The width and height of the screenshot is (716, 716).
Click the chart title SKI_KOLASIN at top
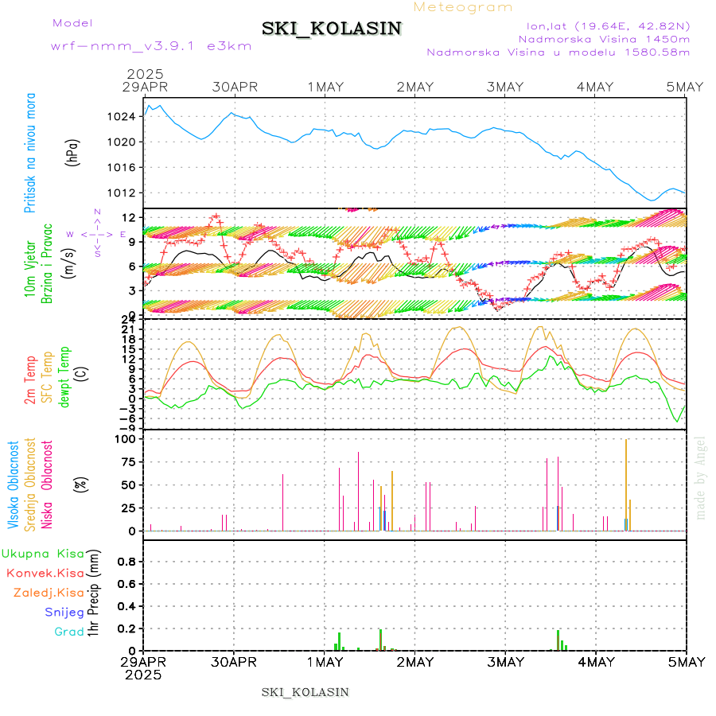[x=332, y=29]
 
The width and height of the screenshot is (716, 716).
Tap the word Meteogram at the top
[x=464, y=7]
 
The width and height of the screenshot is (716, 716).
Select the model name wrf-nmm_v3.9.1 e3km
[x=151, y=45]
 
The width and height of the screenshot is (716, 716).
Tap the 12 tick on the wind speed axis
[x=127, y=217]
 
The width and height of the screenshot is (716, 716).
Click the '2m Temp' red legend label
[x=30, y=380]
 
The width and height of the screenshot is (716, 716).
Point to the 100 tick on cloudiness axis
[x=126, y=438]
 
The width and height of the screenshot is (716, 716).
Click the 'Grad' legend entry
[x=69, y=632]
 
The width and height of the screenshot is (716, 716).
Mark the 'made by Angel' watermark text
[x=700, y=477]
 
